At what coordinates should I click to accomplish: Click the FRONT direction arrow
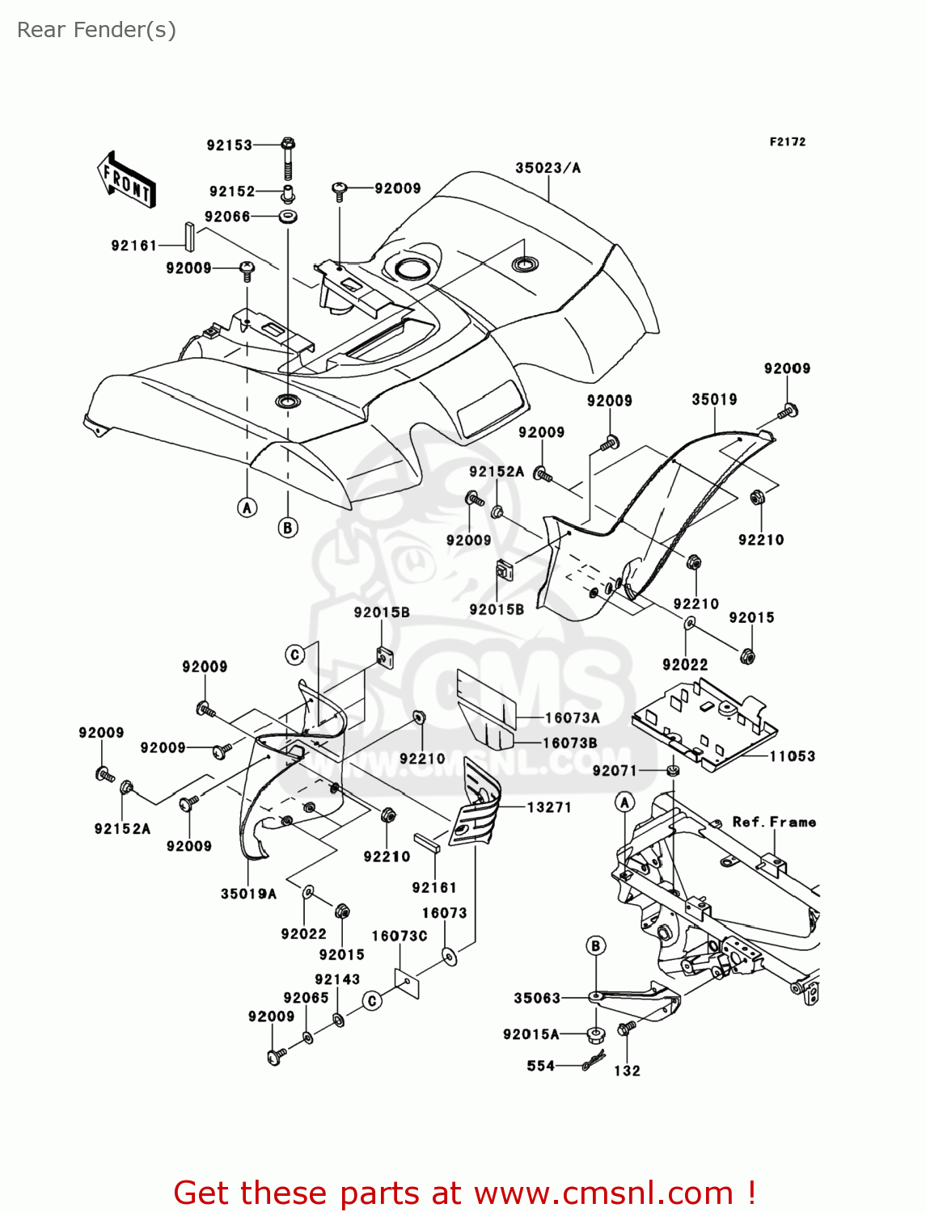pyautogui.click(x=127, y=179)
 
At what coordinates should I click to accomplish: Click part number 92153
pyautogui.click(x=229, y=145)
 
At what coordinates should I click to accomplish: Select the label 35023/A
pyautogui.click(x=548, y=168)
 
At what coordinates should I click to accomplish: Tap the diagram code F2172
pyautogui.click(x=787, y=141)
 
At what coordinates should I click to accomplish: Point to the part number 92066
pyautogui.click(x=227, y=217)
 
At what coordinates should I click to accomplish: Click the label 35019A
pyautogui.click(x=248, y=894)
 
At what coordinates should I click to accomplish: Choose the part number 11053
pyautogui.click(x=792, y=756)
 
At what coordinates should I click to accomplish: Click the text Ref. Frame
pyautogui.click(x=774, y=822)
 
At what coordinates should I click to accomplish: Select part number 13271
pyautogui.click(x=549, y=807)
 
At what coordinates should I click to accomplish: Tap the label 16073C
pyautogui.click(x=400, y=936)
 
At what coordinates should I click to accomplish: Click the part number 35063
pyautogui.click(x=537, y=998)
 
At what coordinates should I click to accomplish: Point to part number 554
pyautogui.click(x=540, y=1066)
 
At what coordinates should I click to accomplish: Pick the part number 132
pyautogui.click(x=627, y=1071)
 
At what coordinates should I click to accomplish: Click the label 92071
pyautogui.click(x=615, y=771)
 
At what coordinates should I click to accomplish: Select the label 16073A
pyautogui.click(x=572, y=718)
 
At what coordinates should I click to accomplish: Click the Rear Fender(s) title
pyautogui.click(x=96, y=30)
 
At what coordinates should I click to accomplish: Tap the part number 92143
pyautogui.click(x=337, y=979)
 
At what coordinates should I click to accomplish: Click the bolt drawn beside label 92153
pyautogui.click(x=288, y=158)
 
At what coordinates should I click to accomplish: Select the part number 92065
pyautogui.click(x=306, y=998)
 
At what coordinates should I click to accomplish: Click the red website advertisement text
pyautogui.click(x=465, y=1193)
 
